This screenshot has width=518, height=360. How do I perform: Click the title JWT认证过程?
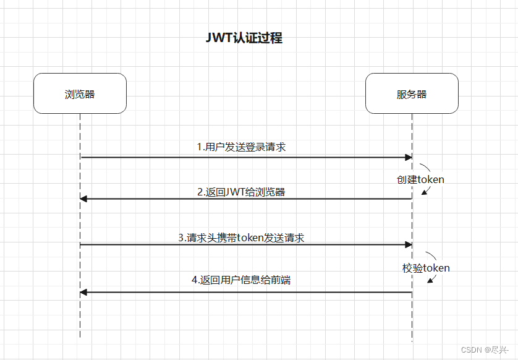[x=244, y=38]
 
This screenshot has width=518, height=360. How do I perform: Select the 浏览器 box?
[x=80, y=94]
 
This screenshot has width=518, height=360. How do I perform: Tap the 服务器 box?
[x=412, y=94]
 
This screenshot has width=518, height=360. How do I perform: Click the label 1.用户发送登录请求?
[x=241, y=147]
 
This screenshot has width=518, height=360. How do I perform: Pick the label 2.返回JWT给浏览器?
[x=241, y=192]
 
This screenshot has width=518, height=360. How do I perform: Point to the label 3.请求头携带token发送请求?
[x=241, y=238]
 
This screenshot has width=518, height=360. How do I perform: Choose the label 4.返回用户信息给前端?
[x=241, y=280]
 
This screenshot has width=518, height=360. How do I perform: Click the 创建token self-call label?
[x=420, y=179]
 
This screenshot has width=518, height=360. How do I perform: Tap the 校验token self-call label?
[x=426, y=268]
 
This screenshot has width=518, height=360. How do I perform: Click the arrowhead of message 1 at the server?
[x=409, y=157]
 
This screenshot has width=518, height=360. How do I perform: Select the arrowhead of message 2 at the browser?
[x=83, y=199]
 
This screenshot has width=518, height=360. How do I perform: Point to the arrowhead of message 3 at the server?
[x=409, y=244]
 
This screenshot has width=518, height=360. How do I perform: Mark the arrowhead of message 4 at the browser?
[x=83, y=292]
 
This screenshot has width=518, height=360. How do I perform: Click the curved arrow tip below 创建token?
[x=424, y=193]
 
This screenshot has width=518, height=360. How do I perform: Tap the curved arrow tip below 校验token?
[x=430, y=281]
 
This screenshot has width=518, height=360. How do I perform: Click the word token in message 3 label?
[x=251, y=238]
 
